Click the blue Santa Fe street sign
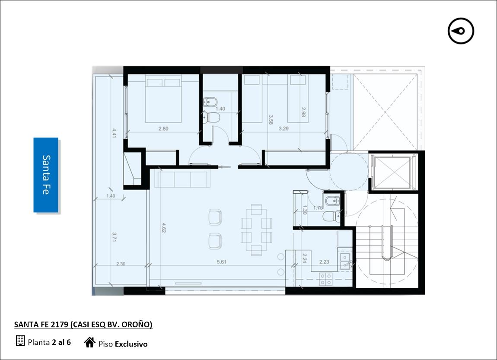point(46,175)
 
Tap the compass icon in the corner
point(461,31)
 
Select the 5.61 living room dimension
point(222,262)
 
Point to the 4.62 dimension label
point(163,227)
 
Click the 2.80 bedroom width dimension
point(163,129)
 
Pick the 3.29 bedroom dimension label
point(284,129)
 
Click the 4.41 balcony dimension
point(114,133)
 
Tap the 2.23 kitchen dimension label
point(324,262)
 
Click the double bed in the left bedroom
point(163,99)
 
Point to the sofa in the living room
point(182,179)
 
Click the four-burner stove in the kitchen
point(326,279)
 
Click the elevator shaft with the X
point(393,172)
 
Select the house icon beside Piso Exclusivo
point(90,342)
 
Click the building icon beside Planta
point(20,341)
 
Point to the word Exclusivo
point(131,344)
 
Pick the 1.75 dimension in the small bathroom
point(318,208)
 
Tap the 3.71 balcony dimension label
point(114,237)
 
